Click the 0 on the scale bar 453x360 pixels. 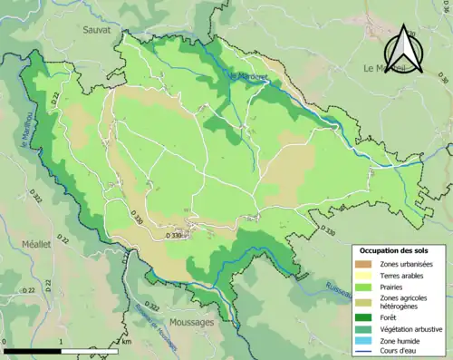coord(5,344)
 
